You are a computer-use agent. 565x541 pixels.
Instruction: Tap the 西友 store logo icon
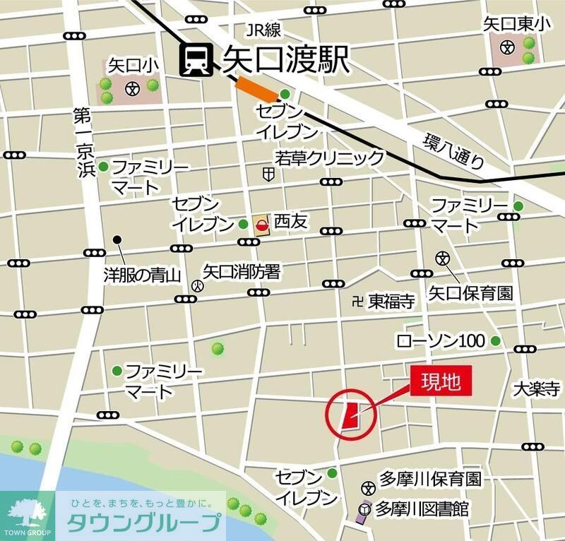click(x=262, y=225)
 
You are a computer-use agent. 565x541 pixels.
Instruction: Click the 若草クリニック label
click(x=330, y=157)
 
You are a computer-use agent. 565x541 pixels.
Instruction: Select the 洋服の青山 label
click(x=143, y=275)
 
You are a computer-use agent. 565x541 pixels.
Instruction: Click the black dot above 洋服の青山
click(x=118, y=240)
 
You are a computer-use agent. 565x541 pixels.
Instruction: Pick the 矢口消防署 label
click(x=242, y=271)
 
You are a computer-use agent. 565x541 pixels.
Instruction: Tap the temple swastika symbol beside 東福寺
click(x=357, y=302)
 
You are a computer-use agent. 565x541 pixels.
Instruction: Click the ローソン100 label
click(x=441, y=341)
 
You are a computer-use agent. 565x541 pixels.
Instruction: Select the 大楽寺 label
click(x=536, y=388)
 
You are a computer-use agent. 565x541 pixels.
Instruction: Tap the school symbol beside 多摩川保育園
click(x=367, y=487)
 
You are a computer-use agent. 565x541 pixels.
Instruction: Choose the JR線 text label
click(x=263, y=30)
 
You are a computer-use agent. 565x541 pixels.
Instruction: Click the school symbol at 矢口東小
click(x=506, y=47)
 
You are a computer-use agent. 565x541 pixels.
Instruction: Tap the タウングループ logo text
click(x=145, y=524)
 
